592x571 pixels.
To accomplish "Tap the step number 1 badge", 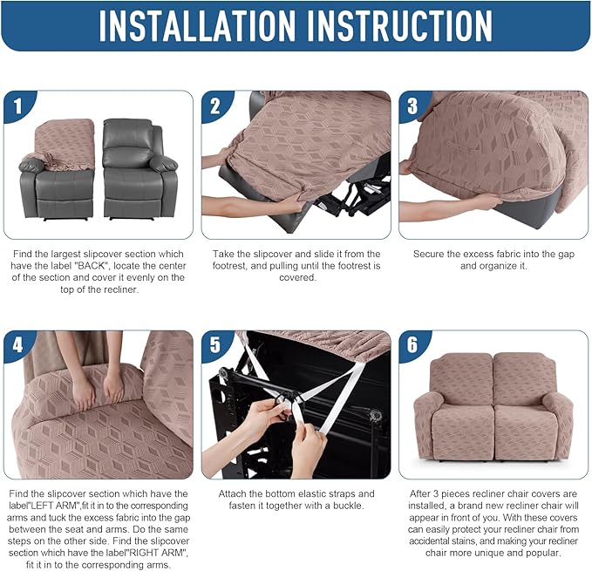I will coord(17,106).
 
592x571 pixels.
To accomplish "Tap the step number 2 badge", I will coord(215,106).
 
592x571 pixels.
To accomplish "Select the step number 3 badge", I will coord(412,106).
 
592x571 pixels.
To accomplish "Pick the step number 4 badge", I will coord(17,345).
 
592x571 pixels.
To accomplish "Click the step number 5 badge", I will coord(215,345).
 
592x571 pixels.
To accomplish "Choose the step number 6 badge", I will coord(412,345).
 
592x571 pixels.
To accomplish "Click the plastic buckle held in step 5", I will coord(285,403).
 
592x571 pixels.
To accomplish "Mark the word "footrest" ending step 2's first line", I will coord(360,255).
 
